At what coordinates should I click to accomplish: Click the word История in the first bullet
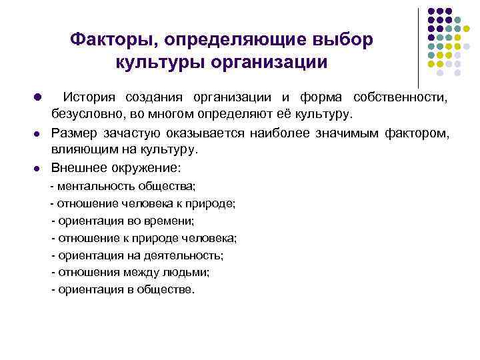tap(89, 97)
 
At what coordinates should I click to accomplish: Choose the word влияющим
tap(82, 149)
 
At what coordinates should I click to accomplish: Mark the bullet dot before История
tap(38, 97)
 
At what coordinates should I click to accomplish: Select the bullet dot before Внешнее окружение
tap(38, 167)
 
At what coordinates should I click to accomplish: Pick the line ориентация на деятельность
tap(137, 255)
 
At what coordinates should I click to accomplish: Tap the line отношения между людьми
tap(130, 272)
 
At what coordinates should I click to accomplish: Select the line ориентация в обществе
tap(123, 289)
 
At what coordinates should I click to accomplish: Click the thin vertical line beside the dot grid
tap(418, 47)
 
